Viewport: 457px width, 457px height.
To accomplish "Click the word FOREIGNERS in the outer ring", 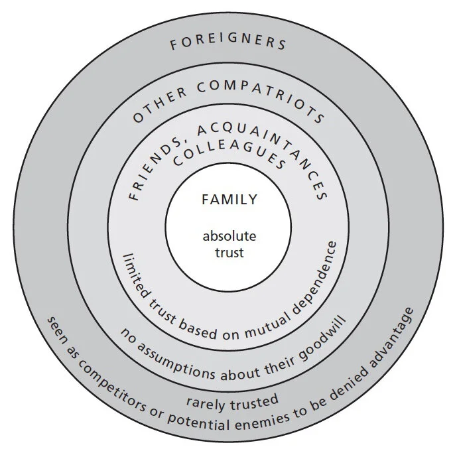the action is [x=228, y=44].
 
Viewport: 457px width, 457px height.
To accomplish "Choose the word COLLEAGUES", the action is [x=228, y=163].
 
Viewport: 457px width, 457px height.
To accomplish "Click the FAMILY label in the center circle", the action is [x=229, y=200].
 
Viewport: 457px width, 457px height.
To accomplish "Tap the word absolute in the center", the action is [x=229, y=237].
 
